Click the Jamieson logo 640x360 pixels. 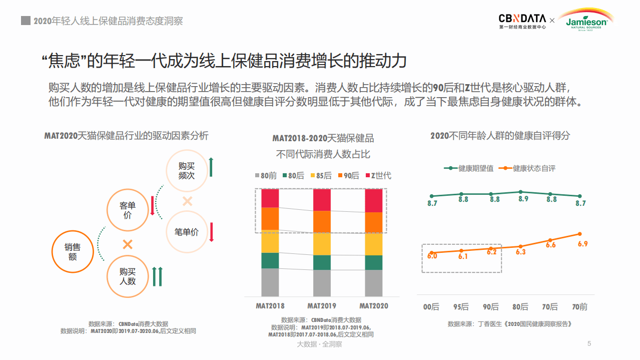click(586, 21)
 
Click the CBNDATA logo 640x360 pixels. click(522, 21)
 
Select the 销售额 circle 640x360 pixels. click(73, 251)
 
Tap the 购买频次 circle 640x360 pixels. click(187, 171)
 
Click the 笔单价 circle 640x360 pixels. click(187, 232)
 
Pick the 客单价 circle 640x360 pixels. click(128, 210)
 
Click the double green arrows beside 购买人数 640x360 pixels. click(157, 276)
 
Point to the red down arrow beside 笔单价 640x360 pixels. click(212, 232)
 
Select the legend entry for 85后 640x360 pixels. click(321, 176)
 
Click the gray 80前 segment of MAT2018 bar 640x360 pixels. click(270, 282)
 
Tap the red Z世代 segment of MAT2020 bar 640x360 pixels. click(374, 200)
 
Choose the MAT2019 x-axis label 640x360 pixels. click(322, 305)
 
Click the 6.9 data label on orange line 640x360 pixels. click(582, 244)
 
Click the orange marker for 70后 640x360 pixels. click(550, 240)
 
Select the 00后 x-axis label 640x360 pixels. click(431, 307)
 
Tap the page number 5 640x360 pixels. click(589, 343)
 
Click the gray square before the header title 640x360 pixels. click(25, 21)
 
